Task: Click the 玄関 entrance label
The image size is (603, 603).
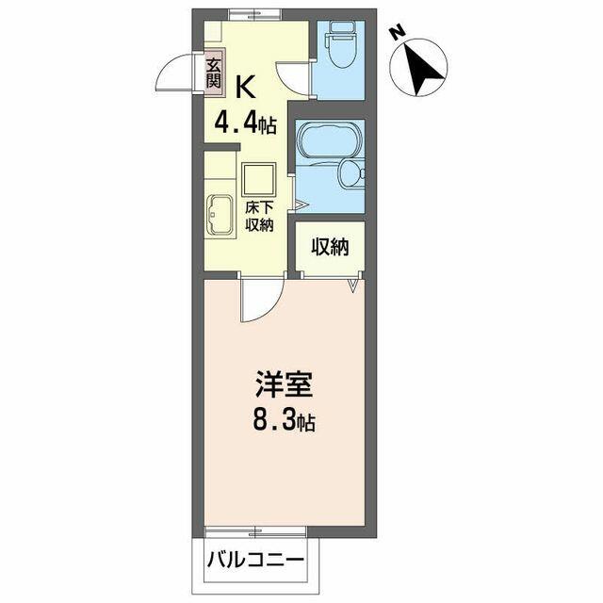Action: point(214,73)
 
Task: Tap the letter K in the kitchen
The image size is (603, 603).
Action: point(245,88)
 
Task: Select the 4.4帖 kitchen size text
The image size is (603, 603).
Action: point(245,122)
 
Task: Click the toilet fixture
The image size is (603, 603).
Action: point(340,44)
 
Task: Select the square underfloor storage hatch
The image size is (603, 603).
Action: point(259,180)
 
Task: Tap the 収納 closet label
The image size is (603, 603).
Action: point(330,247)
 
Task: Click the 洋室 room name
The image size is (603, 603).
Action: point(285,384)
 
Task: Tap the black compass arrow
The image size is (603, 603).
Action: point(422,68)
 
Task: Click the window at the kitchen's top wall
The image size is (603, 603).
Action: point(255,14)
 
